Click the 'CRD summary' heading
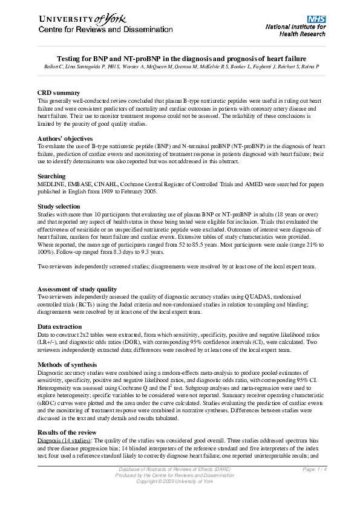pyautogui.click(x=59, y=92)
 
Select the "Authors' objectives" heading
pyautogui.click(x=65, y=139)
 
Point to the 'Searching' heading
pyautogui.click(x=51, y=176)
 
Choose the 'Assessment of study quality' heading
pyautogui.click(x=77, y=290)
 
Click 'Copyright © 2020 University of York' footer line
pyautogui.click(x=179, y=482)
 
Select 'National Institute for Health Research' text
pyautogui.click(x=296, y=31)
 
